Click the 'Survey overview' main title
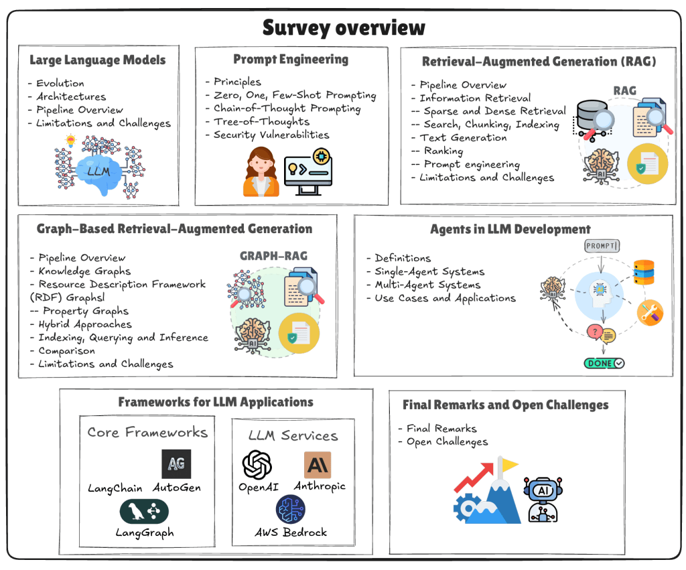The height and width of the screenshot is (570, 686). (x=343, y=27)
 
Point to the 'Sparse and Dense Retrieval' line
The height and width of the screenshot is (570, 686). (x=494, y=111)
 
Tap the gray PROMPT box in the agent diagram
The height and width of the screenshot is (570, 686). (x=602, y=246)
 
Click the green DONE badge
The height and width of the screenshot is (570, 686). (x=604, y=363)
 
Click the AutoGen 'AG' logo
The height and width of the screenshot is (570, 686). (x=176, y=464)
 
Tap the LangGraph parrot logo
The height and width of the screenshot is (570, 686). (x=144, y=511)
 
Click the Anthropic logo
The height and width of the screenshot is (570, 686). (x=317, y=464)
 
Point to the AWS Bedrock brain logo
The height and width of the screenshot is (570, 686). (x=290, y=510)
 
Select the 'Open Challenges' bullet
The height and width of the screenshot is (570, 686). (x=447, y=442)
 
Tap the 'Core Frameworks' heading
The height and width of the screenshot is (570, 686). (x=147, y=432)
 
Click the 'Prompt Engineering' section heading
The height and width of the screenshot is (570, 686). (x=291, y=59)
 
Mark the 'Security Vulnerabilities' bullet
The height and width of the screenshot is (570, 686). (x=271, y=135)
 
